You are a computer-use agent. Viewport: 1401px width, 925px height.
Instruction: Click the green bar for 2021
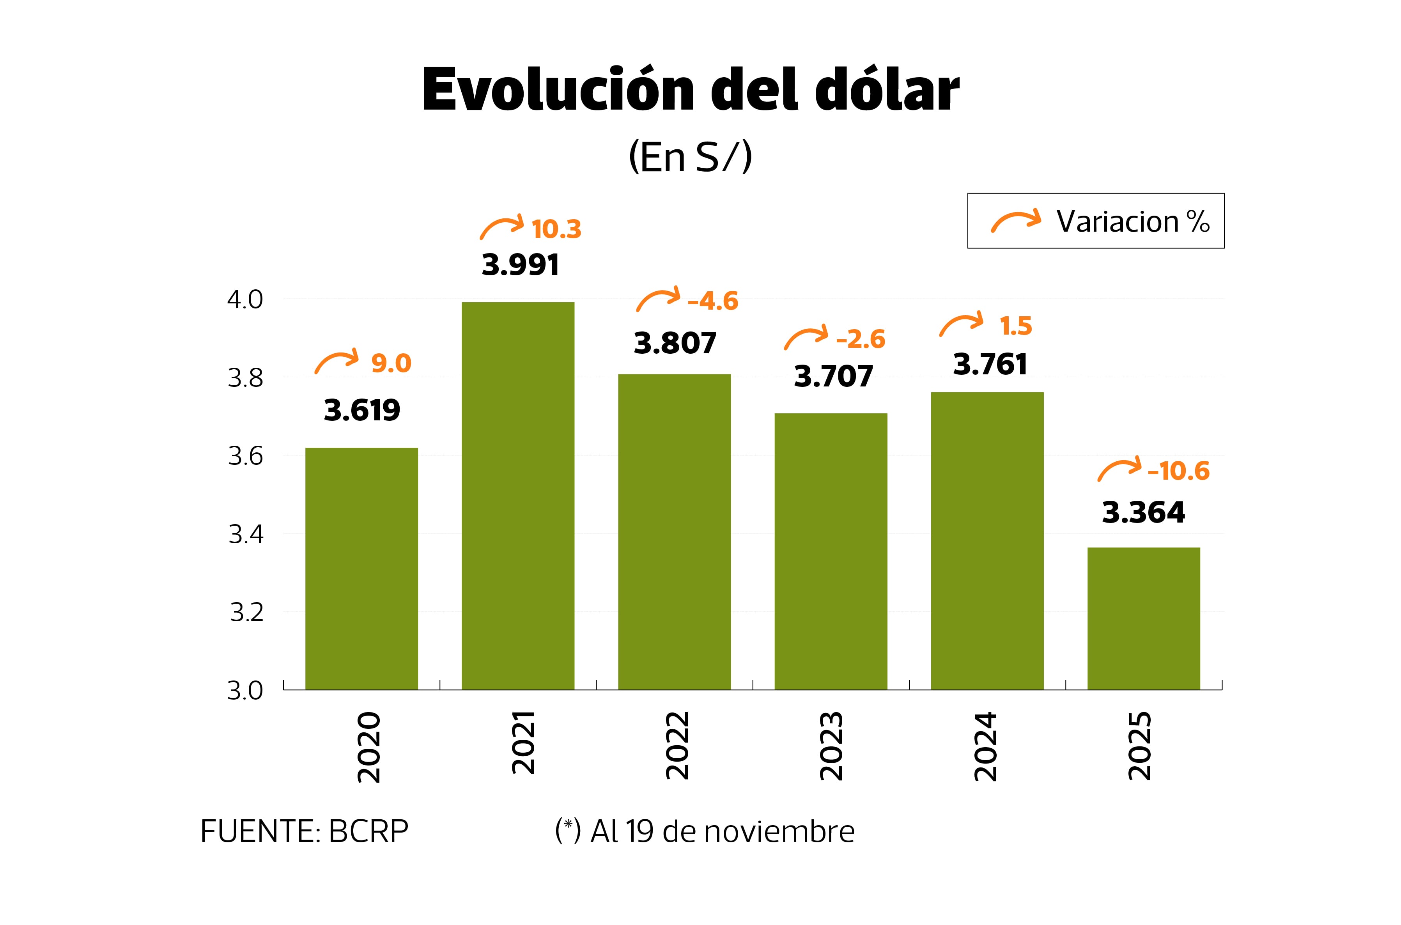[517, 496]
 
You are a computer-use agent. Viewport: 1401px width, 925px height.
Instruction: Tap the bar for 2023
[831, 551]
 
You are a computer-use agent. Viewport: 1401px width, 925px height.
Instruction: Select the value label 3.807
[675, 343]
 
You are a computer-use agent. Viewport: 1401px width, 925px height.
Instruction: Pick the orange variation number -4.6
[713, 301]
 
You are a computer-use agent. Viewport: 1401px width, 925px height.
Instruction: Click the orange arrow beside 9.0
[336, 361]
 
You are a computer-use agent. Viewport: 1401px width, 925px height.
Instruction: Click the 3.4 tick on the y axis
[245, 534]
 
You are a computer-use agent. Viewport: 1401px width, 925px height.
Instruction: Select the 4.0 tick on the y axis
[245, 299]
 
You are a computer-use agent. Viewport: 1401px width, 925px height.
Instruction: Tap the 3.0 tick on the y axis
[245, 690]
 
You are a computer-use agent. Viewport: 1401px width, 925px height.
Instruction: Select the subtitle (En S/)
[690, 157]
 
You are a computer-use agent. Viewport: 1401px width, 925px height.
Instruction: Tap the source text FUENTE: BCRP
[305, 831]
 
